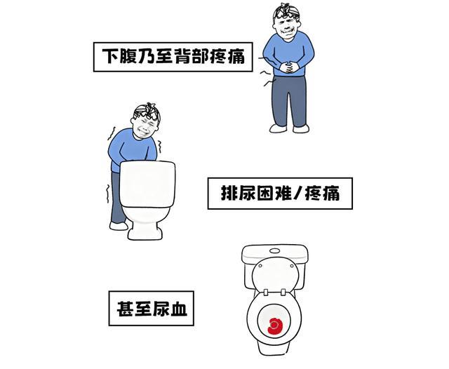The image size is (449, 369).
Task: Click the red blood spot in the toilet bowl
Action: [x=275, y=326]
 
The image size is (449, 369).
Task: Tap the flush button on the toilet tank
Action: [x=275, y=250]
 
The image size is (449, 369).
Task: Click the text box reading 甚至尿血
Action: [x=152, y=308]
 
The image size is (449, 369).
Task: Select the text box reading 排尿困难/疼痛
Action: [x=280, y=194]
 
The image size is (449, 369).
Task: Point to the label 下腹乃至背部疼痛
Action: [x=173, y=57]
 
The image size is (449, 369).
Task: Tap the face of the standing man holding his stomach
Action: [x=287, y=28]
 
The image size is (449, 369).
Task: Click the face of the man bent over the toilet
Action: [x=145, y=126]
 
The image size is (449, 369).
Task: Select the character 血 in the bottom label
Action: [x=179, y=308]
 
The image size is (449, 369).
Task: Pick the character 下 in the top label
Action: [x=111, y=56]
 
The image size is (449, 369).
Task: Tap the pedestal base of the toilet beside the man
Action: [x=145, y=231]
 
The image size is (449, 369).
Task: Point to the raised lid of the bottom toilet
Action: [x=276, y=274]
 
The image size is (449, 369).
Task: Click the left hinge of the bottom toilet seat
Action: [x=266, y=293]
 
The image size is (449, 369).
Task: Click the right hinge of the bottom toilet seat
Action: [x=283, y=292]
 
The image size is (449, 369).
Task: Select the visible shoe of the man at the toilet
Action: [x=119, y=226]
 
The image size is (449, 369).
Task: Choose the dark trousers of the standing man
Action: [x=289, y=101]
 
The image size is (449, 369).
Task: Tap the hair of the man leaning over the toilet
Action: [x=148, y=111]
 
